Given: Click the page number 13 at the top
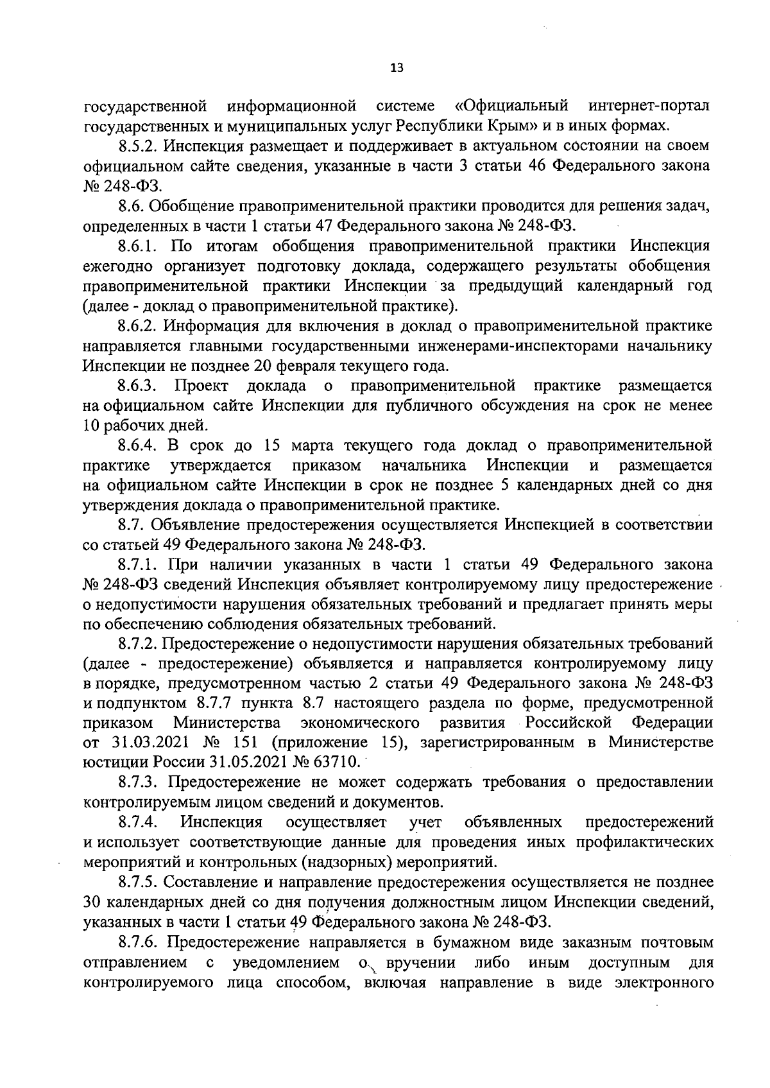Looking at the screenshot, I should (396, 68).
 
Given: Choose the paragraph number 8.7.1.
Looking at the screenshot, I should (139, 565).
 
